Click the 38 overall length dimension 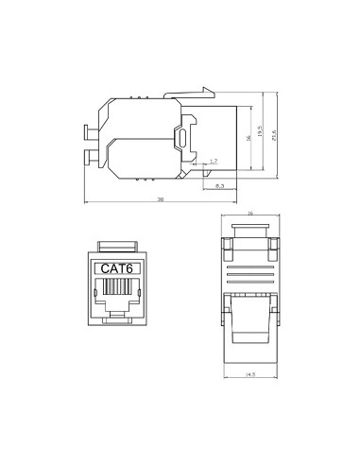161,199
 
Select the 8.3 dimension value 219,185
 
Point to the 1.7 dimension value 214,162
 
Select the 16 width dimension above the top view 250,213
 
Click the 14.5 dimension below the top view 249,375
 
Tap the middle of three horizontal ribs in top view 249,280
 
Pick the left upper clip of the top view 226,249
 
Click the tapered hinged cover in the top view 250,326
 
